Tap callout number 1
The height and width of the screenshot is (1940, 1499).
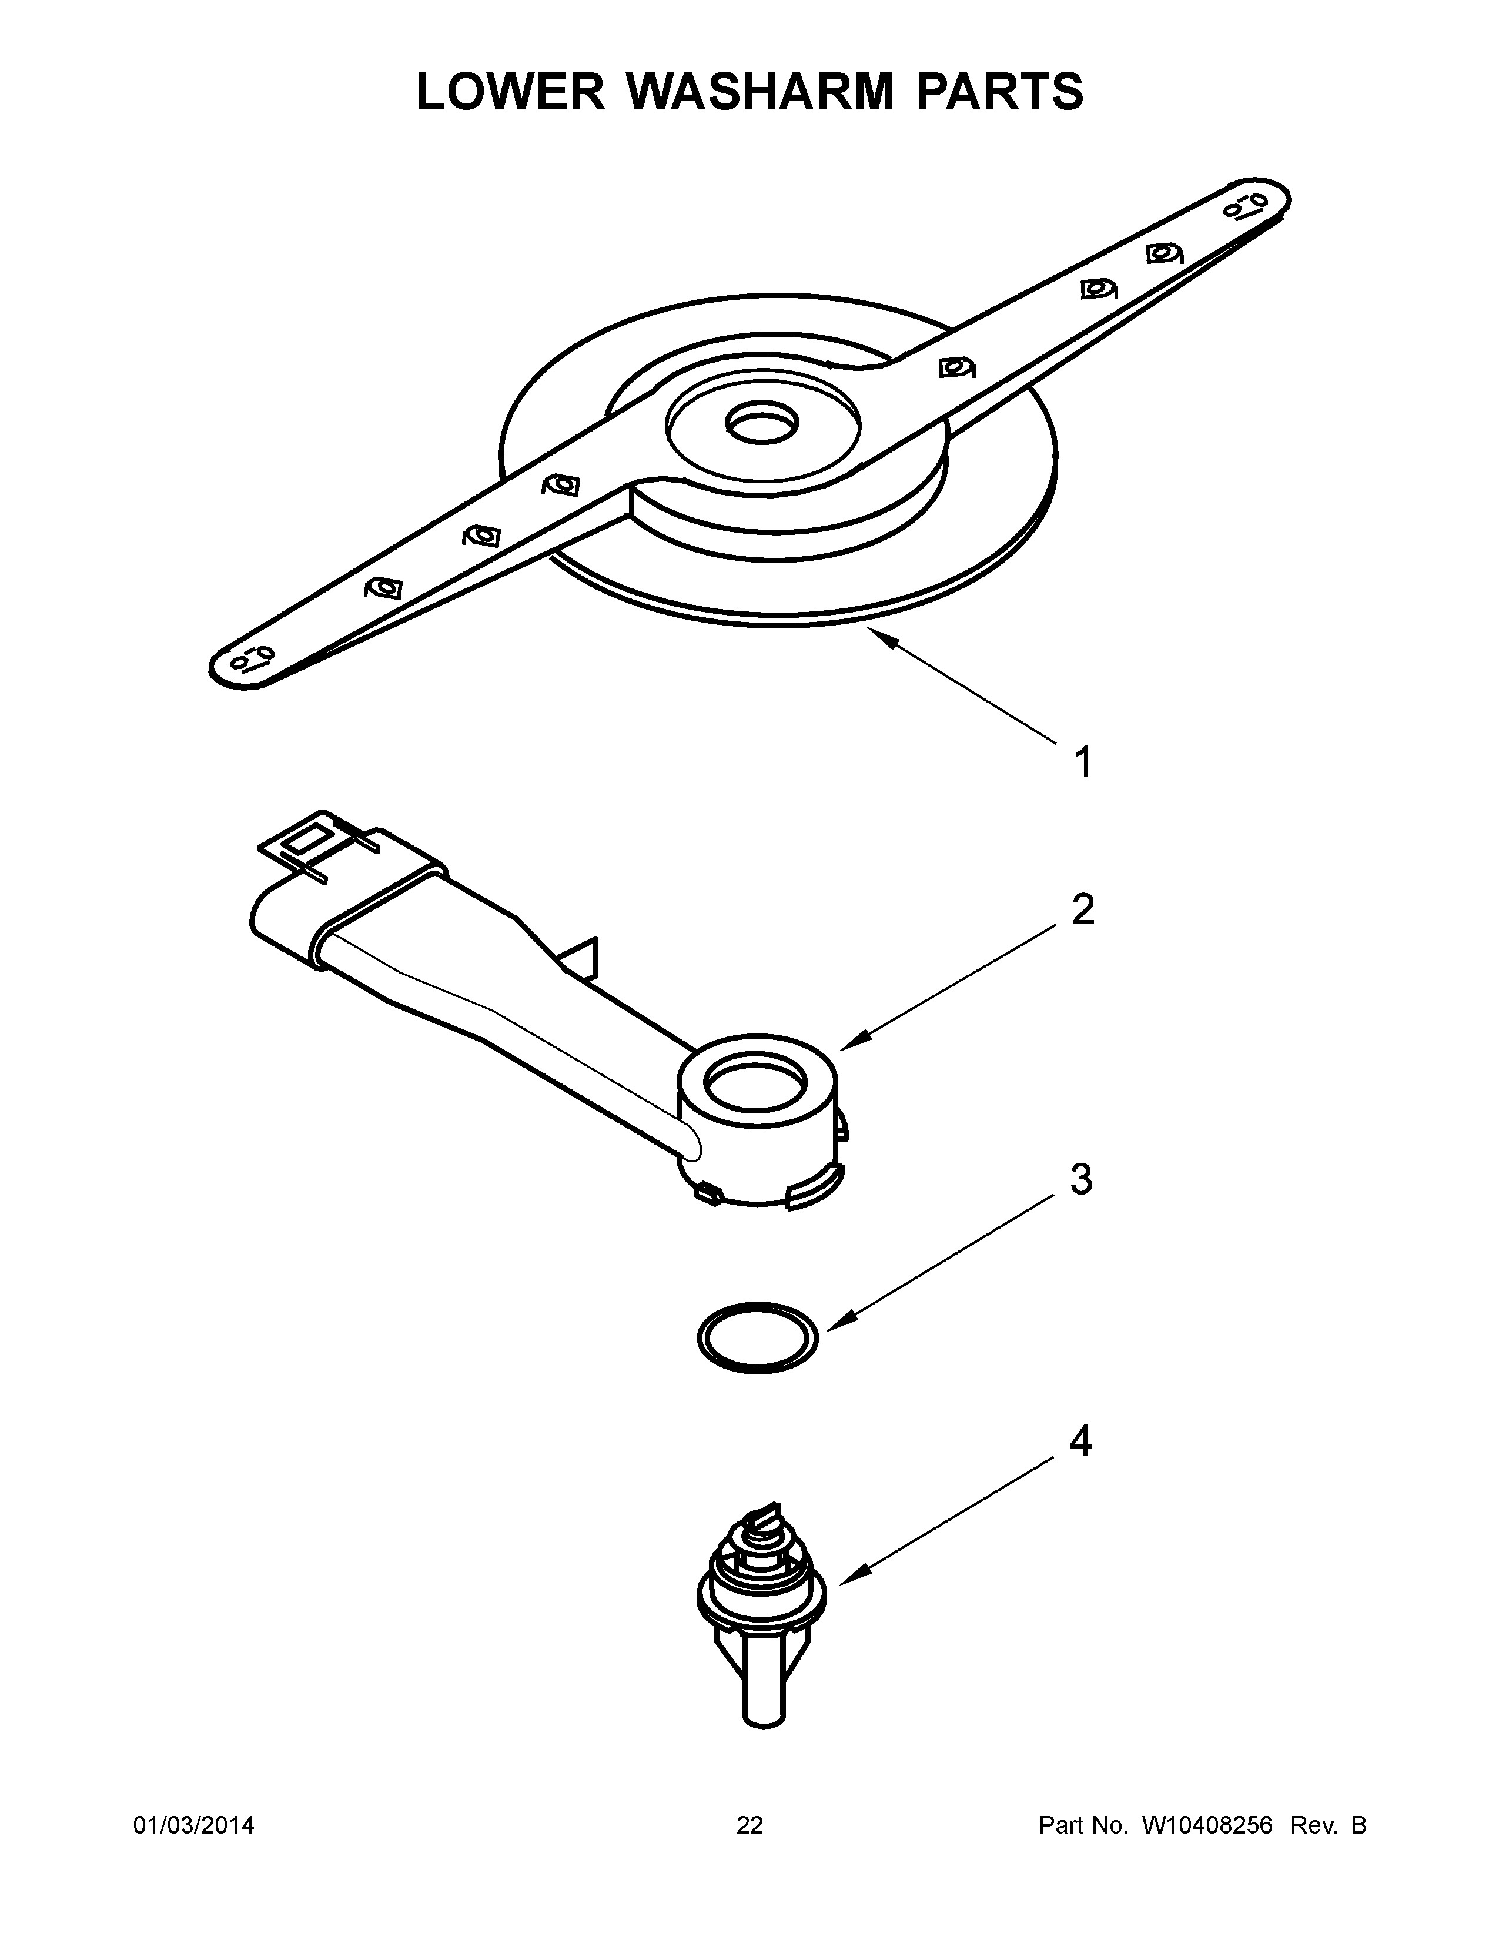pyautogui.click(x=1082, y=762)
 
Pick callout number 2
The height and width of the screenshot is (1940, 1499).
pyautogui.click(x=1082, y=909)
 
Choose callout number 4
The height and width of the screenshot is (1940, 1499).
pyautogui.click(x=1080, y=1441)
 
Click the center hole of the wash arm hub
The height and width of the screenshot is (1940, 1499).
pyautogui.click(x=762, y=424)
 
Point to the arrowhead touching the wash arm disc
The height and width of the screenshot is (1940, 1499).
pyautogui.click(x=875, y=631)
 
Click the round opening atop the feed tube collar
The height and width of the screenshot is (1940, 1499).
pyautogui.click(x=755, y=1085)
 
